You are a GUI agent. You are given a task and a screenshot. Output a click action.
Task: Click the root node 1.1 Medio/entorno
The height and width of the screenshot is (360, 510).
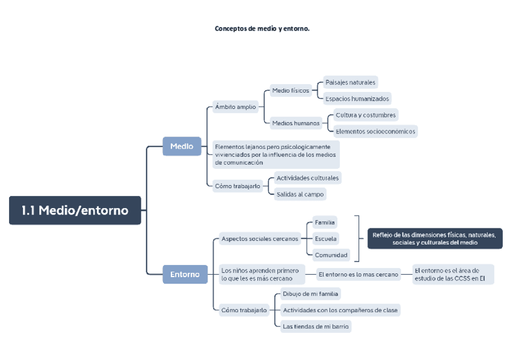(x=75, y=210)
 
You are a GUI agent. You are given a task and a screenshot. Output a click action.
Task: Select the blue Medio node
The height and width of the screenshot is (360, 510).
(x=182, y=146)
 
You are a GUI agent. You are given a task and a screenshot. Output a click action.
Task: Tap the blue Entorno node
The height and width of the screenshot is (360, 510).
(x=185, y=274)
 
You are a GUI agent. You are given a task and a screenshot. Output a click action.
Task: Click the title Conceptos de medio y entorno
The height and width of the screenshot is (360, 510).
(x=262, y=28)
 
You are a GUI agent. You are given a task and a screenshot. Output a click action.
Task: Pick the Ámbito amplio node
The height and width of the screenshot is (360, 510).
(x=235, y=107)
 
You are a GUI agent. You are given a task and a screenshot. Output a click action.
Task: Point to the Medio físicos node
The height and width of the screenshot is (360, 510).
(x=290, y=91)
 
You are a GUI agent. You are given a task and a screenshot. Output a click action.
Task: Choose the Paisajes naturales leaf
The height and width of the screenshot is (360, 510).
(x=350, y=82)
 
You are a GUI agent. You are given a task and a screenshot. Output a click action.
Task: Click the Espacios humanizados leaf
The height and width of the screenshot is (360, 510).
(x=357, y=99)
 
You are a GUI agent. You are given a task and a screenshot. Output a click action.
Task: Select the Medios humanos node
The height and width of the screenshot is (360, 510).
(x=296, y=123)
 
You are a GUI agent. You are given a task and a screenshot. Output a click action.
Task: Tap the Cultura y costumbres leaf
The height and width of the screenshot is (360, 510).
(x=366, y=115)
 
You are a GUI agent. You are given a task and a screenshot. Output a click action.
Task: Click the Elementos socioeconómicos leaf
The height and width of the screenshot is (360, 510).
(x=375, y=131)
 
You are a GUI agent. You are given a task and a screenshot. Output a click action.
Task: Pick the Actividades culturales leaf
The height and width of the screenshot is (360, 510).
(x=307, y=178)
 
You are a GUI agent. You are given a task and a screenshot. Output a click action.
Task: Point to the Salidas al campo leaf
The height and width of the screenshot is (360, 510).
(x=300, y=194)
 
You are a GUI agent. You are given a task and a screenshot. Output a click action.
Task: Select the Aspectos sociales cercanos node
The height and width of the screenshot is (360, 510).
(x=260, y=239)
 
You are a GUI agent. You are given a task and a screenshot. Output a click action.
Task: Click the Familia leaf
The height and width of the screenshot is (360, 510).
(x=325, y=222)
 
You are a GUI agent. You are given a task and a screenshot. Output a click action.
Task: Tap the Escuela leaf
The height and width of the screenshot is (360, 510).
(x=325, y=239)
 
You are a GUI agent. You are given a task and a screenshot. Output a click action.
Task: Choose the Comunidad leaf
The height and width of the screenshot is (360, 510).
(x=331, y=255)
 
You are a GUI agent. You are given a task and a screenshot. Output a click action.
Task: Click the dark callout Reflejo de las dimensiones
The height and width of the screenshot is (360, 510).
(x=435, y=239)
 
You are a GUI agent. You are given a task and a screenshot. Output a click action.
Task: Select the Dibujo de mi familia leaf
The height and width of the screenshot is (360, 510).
(x=310, y=294)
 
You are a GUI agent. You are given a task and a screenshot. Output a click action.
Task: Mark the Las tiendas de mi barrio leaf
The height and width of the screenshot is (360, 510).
(x=316, y=326)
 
